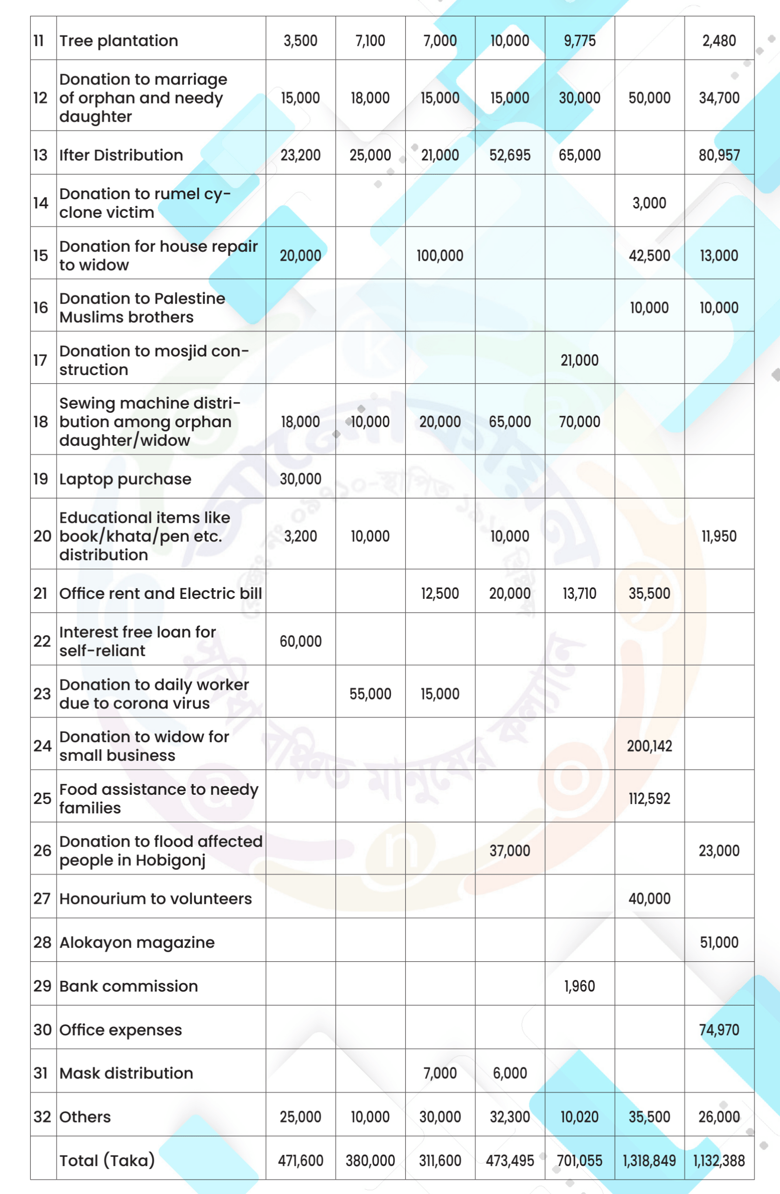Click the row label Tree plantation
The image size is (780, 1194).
pos(118,41)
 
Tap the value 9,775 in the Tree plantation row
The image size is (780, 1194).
pos(579,41)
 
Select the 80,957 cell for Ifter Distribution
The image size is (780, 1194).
pos(719,155)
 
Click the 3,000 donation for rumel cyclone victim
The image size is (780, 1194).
pos(649,203)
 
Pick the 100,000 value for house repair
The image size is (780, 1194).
pos(440,255)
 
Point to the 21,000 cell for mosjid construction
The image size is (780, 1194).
pos(579,360)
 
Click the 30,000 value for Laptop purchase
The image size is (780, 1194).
pos(300,479)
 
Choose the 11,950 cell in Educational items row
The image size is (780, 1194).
pos(719,536)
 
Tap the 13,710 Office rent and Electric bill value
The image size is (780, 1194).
pos(579,593)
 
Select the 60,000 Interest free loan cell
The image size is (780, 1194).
pos(300,641)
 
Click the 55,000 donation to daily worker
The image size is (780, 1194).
pos(370,694)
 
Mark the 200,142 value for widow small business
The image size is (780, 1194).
pos(649,746)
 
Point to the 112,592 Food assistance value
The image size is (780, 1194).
pos(649,798)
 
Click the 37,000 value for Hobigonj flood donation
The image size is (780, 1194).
pos(509,850)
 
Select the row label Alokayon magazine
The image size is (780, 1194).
pos(137,942)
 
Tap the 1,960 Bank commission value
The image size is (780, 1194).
pos(579,986)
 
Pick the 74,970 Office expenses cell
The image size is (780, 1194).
pos(719,1029)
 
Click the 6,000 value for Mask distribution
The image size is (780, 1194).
pos(509,1073)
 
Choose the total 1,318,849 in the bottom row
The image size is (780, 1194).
pos(649,1160)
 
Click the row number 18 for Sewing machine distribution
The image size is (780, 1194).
pos(41,422)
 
